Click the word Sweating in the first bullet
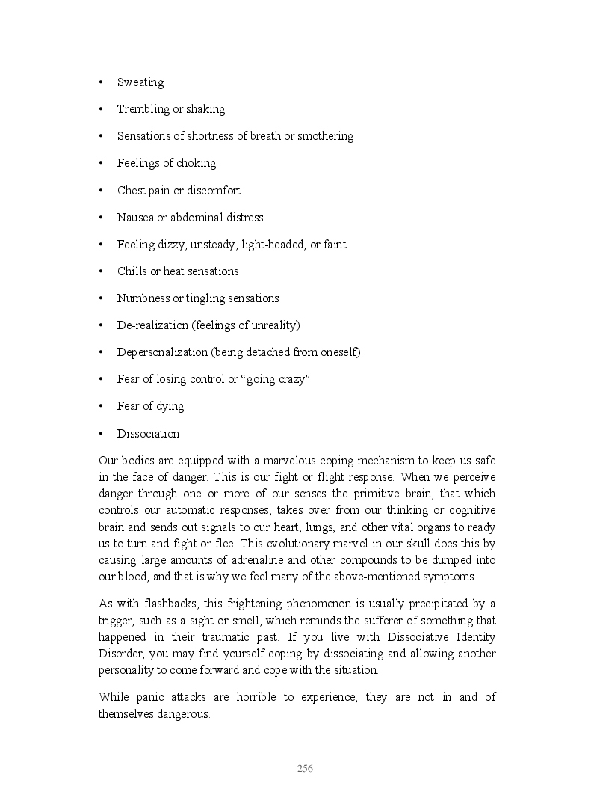140,82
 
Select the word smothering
326,136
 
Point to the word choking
196,163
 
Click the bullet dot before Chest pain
101,191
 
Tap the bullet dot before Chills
101,271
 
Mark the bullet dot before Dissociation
101,434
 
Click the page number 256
305,768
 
